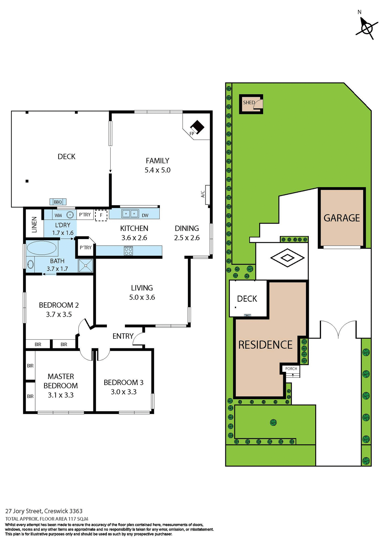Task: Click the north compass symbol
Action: click(x=366, y=28)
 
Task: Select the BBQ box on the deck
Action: click(x=58, y=202)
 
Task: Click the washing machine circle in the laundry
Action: click(x=70, y=215)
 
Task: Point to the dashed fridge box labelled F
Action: click(x=101, y=215)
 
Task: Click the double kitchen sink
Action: click(x=130, y=214)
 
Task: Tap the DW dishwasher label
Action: click(x=145, y=215)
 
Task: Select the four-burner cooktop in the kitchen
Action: click(x=128, y=251)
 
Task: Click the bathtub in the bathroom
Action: click(x=41, y=248)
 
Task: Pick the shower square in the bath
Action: click(x=85, y=266)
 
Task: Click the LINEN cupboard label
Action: click(x=34, y=224)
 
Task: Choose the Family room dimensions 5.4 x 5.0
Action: click(x=157, y=170)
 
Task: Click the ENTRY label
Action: click(x=123, y=336)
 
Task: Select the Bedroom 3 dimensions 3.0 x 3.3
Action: click(x=124, y=392)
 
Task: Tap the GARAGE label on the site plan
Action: click(x=342, y=218)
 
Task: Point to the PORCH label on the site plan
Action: click(x=291, y=368)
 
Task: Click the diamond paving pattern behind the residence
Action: click(x=287, y=258)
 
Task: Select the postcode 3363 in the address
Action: click(x=76, y=511)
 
